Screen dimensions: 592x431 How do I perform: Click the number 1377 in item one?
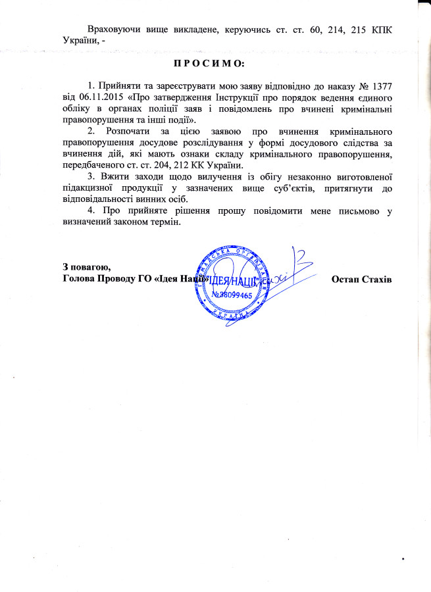pos(381,87)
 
